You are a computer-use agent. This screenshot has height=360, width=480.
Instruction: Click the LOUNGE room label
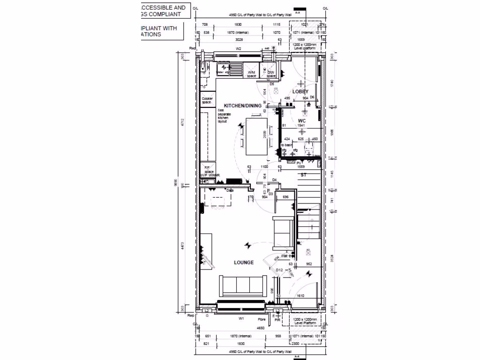point(244,262)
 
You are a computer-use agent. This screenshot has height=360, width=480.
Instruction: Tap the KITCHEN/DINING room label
point(242,106)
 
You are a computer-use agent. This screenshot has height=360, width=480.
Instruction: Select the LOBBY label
point(300,92)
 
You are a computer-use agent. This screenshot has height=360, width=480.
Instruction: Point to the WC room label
point(302,120)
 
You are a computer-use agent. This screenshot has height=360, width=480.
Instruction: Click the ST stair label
point(304,175)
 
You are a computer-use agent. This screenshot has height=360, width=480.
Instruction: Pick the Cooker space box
point(207,100)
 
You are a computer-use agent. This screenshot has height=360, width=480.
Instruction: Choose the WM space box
point(252,73)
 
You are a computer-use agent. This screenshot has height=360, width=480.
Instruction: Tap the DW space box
point(270,73)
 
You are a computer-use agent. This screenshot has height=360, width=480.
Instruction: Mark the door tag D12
point(279,270)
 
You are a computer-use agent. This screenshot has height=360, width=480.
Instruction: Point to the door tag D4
point(275,180)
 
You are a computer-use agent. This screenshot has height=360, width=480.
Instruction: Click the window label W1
point(241,319)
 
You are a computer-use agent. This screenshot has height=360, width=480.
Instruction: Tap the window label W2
point(238,48)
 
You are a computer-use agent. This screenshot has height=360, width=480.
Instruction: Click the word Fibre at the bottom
point(262,320)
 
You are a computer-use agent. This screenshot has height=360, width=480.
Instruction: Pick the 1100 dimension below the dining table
point(264,166)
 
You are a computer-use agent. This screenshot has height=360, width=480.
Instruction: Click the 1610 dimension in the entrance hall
point(300,296)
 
